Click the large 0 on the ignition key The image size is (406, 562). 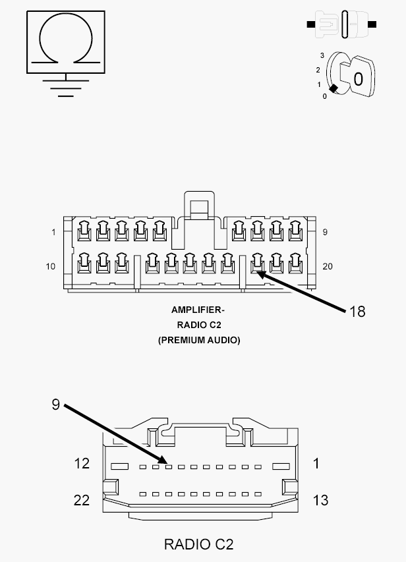click(358, 79)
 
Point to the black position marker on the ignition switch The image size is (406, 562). click(333, 88)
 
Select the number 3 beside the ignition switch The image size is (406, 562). click(322, 55)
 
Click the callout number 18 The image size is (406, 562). click(357, 312)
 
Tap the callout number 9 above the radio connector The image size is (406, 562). click(55, 405)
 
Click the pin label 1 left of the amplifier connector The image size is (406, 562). click(53, 233)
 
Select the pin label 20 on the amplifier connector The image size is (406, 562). click(328, 266)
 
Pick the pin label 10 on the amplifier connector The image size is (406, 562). click(51, 266)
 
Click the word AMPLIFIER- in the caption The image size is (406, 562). click(198, 310)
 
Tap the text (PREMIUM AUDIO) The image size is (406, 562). click(199, 340)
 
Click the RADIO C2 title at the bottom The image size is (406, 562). click(198, 544)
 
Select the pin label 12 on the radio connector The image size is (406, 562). click(82, 463)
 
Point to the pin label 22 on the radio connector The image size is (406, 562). click(82, 500)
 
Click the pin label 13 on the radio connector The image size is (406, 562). click(320, 500)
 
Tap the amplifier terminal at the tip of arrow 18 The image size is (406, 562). click(258, 264)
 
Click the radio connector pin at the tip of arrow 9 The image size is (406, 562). click(169, 466)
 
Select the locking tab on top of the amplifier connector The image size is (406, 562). click(200, 205)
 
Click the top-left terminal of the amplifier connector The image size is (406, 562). click(84, 231)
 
